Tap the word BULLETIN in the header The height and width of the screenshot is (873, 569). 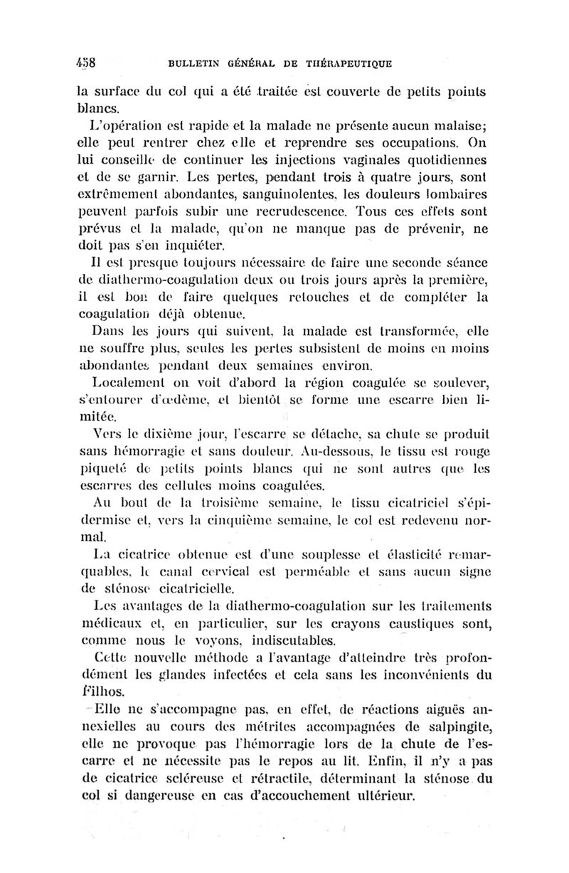click(x=193, y=65)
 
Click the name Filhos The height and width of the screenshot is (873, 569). click(x=98, y=689)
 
